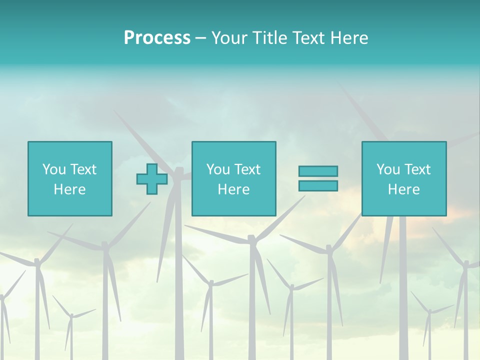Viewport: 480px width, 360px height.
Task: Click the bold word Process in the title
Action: click(x=157, y=38)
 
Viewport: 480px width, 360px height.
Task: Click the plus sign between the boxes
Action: click(x=152, y=179)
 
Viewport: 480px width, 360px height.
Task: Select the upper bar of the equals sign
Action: click(x=318, y=171)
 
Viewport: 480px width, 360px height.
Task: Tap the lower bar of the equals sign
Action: click(x=318, y=186)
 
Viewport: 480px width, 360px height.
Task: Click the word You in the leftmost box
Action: click(x=53, y=169)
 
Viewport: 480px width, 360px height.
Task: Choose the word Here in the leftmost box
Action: click(x=69, y=189)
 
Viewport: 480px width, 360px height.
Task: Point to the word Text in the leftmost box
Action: click(x=82, y=169)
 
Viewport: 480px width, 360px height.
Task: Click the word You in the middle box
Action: click(x=217, y=169)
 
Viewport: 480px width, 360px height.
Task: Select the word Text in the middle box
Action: click(x=246, y=169)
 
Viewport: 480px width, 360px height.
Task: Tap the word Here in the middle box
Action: click(x=233, y=189)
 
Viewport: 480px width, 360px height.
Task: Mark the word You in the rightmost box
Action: click(x=387, y=169)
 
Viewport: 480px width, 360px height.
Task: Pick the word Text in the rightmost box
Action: click(x=416, y=169)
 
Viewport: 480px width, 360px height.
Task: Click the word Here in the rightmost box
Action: click(x=403, y=189)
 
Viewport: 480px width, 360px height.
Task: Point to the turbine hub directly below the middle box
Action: click(x=252, y=239)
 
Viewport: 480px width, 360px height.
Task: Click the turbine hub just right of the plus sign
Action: click(x=178, y=172)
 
